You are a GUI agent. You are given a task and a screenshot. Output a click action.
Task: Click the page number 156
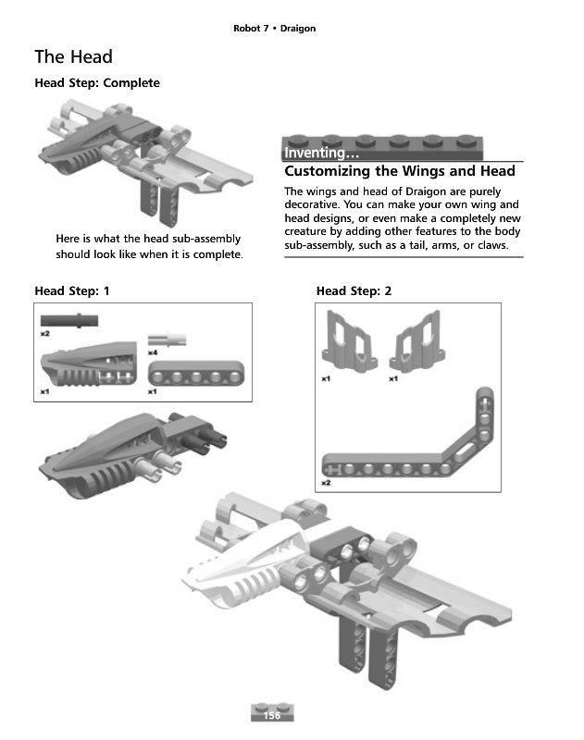(x=272, y=716)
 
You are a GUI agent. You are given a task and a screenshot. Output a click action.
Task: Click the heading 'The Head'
(x=73, y=57)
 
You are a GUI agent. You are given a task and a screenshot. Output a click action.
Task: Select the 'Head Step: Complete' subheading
(x=97, y=83)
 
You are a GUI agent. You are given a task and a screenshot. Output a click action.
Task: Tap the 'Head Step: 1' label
(x=72, y=291)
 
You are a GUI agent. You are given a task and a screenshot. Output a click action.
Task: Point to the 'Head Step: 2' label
(x=354, y=291)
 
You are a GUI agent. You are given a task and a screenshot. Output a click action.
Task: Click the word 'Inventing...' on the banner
(x=316, y=153)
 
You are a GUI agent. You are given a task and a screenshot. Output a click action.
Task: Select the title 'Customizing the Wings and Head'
(x=400, y=171)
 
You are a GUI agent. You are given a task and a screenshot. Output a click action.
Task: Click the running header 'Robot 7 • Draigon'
(x=274, y=29)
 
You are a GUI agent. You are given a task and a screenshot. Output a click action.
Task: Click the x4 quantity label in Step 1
(x=154, y=351)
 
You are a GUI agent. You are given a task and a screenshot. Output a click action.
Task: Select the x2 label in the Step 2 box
(x=326, y=483)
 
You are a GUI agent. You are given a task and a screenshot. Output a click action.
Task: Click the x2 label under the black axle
(x=44, y=332)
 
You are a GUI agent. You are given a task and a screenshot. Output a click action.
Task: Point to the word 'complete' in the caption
(x=217, y=254)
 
